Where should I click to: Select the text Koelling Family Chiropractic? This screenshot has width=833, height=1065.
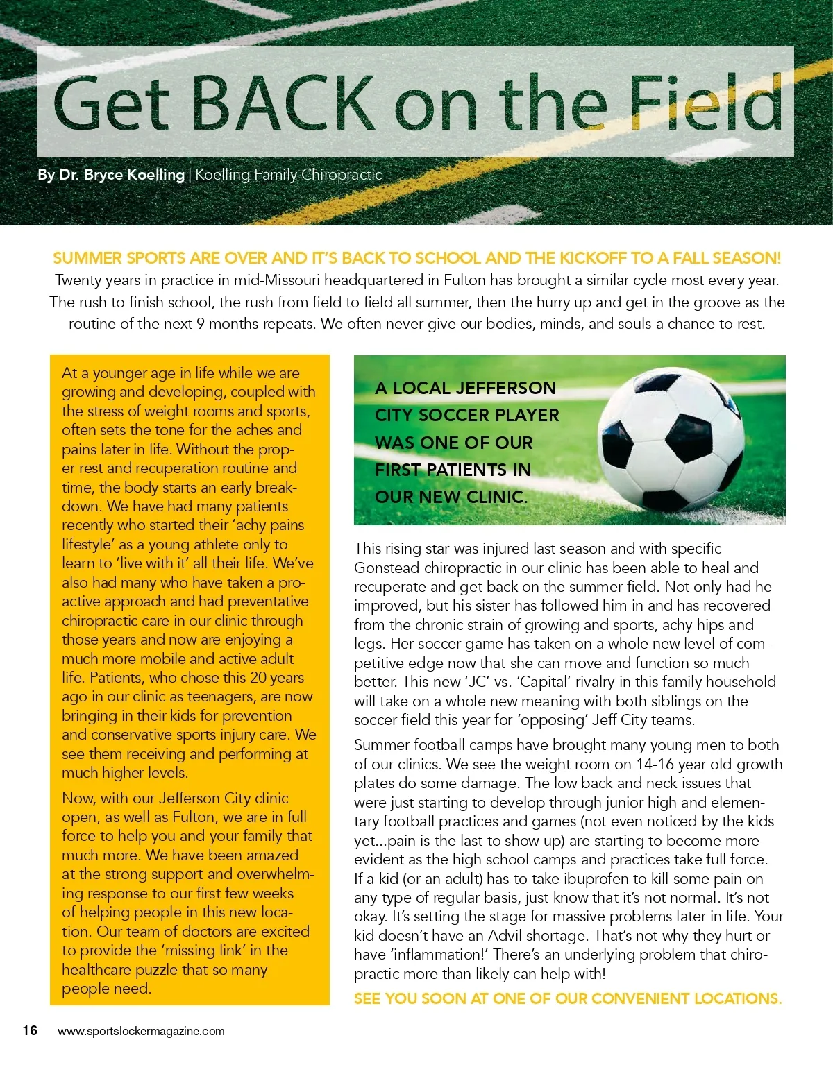(289, 175)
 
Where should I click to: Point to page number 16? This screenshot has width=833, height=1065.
(30, 1030)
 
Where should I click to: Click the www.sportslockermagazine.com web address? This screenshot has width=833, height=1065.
(141, 1031)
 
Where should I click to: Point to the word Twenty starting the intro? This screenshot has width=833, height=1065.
(78, 280)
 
